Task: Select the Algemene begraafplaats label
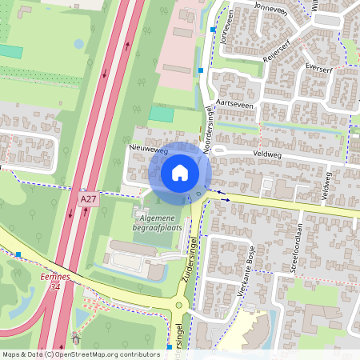coord(158,222)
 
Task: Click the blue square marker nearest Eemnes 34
coord(18,254)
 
